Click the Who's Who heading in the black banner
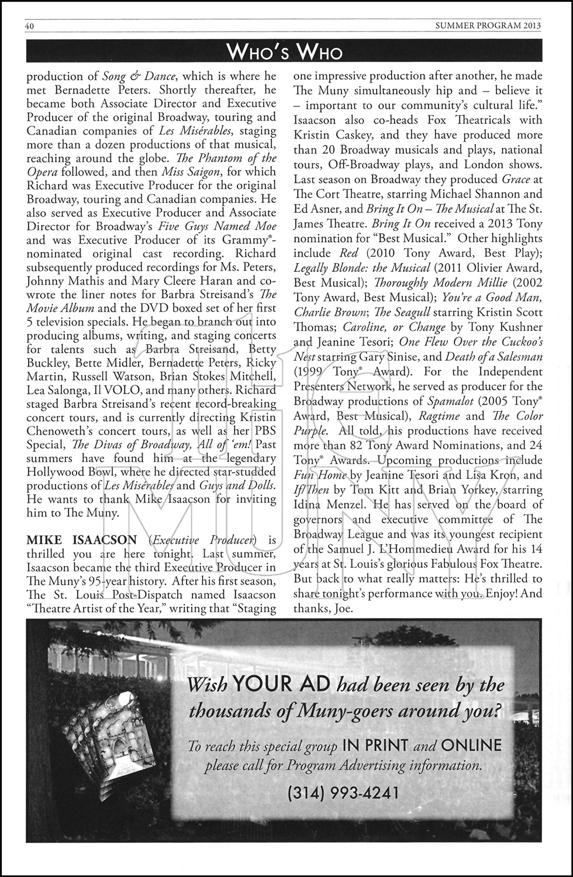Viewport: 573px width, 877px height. point(286,53)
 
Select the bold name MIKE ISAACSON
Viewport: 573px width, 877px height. point(82,540)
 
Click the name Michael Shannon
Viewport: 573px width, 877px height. point(468,194)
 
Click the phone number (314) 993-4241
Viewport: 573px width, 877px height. point(343,792)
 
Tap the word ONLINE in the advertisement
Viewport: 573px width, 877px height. point(471,745)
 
